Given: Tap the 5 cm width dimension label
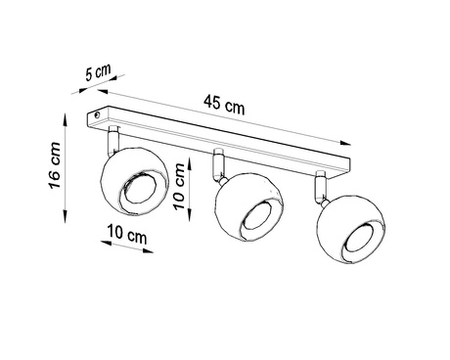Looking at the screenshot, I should click(x=99, y=70).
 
